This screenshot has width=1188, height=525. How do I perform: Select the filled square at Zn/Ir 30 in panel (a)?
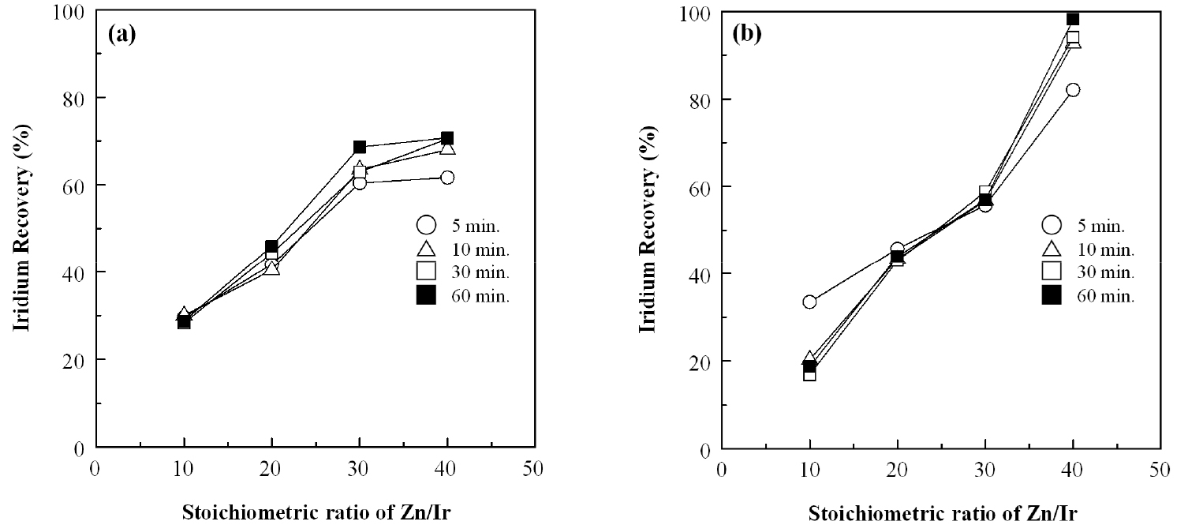tap(360, 147)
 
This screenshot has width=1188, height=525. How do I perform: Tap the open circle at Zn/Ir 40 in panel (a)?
tap(447, 178)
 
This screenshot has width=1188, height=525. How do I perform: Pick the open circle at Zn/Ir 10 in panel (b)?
tap(809, 302)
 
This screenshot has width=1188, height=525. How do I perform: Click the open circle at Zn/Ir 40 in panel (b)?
tap(1073, 90)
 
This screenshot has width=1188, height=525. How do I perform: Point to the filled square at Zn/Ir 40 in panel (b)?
tap(1073, 19)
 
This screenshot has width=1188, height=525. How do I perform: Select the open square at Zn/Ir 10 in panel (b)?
tap(809, 374)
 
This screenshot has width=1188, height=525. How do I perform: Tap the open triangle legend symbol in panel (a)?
tap(427, 249)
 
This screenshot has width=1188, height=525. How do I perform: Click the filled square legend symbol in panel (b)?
tap(1052, 297)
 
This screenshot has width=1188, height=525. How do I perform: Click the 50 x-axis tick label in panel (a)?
tap(534, 467)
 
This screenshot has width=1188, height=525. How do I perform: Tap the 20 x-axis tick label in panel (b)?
tap(897, 467)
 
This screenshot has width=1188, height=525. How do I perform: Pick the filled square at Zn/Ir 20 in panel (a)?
tap(272, 247)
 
